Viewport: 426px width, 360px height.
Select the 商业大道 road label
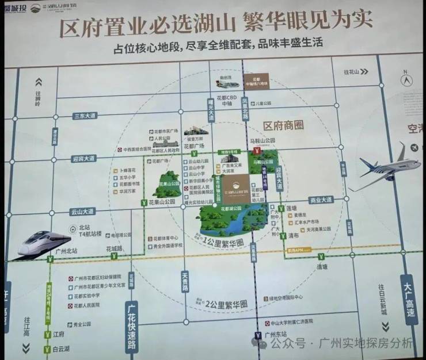click(x=321, y=200)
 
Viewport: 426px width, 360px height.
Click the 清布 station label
click(x=294, y=235)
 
